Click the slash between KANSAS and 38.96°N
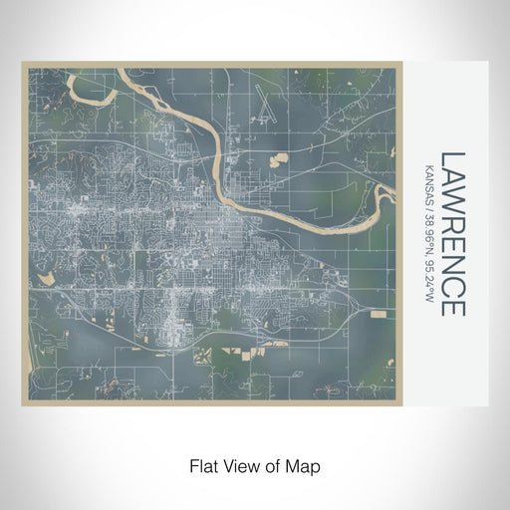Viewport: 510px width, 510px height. [x=429, y=205]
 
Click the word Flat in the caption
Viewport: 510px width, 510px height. [x=203, y=465]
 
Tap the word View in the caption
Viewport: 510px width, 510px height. [x=239, y=465]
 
